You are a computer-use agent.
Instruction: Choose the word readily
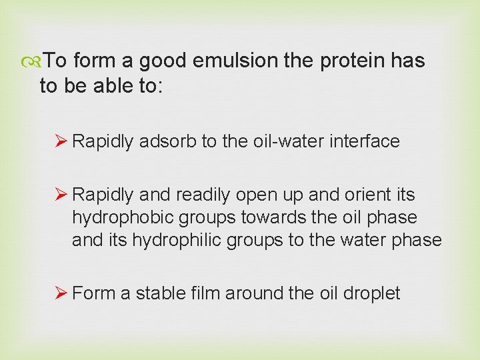click(201, 195)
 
